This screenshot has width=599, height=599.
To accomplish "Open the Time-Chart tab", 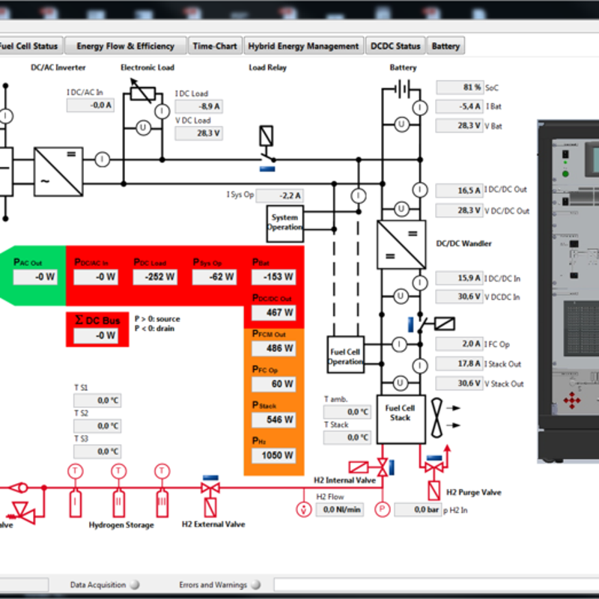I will pyautogui.click(x=215, y=46).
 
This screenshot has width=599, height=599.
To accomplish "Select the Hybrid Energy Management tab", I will pyautogui.click(x=303, y=46).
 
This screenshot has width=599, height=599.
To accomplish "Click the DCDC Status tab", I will pyautogui.click(x=395, y=46).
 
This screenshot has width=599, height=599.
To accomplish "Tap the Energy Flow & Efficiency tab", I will pyautogui.click(x=125, y=46).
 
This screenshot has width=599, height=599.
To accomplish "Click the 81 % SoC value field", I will pyautogui.click(x=459, y=87).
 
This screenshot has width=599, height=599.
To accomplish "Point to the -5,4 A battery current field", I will pyautogui.click(x=459, y=106).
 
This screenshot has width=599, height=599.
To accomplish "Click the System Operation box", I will pyautogui.click(x=285, y=222).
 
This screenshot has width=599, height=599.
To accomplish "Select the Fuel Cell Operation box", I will pyautogui.click(x=345, y=356).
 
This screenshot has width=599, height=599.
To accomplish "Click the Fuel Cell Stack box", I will pyautogui.click(x=400, y=413).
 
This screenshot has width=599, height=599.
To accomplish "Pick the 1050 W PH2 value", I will pyautogui.click(x=273, y=455).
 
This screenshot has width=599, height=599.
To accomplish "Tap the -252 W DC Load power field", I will pyautogui.click(x=155, y=277).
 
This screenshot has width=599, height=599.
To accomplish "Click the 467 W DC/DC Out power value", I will pyautogui.click(x=273, y=312).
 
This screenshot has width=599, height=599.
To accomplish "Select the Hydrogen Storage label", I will pyautogui.click(x=121, y=525).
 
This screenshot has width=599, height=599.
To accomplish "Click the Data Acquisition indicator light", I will pyautogui.click(x=135, y=585).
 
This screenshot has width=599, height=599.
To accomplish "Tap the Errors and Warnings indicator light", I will pyautogui.click(x=255, y=585).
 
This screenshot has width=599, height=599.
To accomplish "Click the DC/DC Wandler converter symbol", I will pyautogui.click(x=401, y=244).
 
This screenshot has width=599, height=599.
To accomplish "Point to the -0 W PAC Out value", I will pyautogui.click(x=35, y=277).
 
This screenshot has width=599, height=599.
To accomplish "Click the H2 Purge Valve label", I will pyautogui.click(x=473, y=493).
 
